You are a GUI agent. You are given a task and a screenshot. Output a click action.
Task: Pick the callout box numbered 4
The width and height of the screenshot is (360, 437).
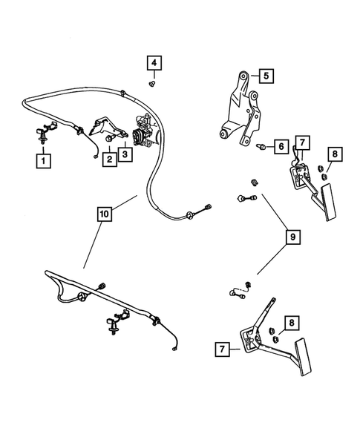(154, 65)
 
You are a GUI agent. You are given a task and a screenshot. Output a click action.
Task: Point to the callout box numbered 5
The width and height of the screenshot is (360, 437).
(266, 75)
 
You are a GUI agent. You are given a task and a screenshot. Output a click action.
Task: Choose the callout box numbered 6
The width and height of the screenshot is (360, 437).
(281, 146)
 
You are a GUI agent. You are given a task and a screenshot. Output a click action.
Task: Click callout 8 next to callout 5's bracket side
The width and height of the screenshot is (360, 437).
(335, 154)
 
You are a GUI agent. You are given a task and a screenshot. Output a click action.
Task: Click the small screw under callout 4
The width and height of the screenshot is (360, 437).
(153, 84)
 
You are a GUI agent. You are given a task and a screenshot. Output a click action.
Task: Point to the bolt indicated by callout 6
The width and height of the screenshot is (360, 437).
(261, 148)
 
